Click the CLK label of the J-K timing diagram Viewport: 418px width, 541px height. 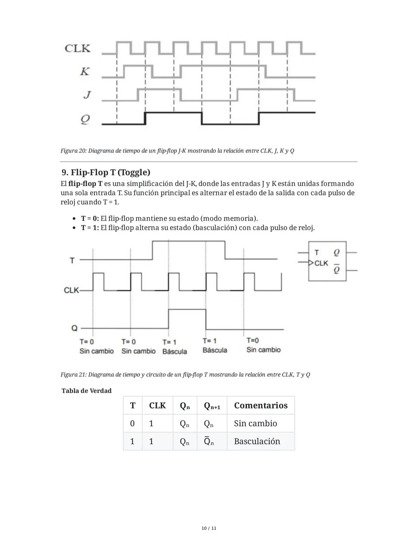click(77, 48)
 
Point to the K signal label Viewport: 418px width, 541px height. click(85, 71)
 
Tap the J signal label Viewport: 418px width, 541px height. click(87, 94)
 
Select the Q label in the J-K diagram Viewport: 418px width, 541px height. click(85, 119)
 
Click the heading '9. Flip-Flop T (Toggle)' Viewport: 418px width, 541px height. click(106, 172)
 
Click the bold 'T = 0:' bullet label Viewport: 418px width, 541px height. click(90, 218)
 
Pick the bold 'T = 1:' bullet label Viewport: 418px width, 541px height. click(90, 228)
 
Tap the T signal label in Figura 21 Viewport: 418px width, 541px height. click(72, 260)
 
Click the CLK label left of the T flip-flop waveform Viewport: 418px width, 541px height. click(71, 290)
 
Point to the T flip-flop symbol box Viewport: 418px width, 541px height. click(327, 261)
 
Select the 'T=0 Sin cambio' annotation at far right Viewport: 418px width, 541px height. click(263, 345)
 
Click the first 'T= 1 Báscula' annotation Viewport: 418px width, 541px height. click(175, 347)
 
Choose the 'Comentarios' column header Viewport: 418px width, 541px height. click(260, 405)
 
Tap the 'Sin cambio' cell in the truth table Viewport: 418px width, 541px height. click(255, 423)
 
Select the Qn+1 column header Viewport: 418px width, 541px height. click(212, 406)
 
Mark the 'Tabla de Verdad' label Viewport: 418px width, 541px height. click(86, 391)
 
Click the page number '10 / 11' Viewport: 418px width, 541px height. click(209, 528)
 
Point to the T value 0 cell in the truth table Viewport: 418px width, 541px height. click(132, 423)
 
